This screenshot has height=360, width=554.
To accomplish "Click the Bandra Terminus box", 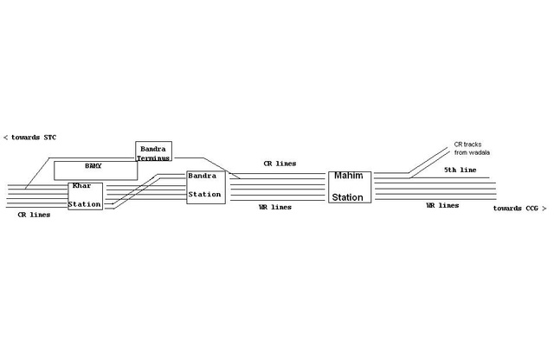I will pyautogui.click(x=154, y=151).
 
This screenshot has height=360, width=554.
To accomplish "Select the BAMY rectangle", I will pyautogui.click(x=95, y=169).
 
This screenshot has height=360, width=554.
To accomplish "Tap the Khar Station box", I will pyautogui.click(x=86, y=196).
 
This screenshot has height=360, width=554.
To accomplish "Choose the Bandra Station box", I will pyautogui.click(x=206, y=187).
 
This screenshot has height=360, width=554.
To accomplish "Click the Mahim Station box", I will pyautogui.click(x=351, y=187).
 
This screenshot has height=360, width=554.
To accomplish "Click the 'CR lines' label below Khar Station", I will pyautogui.click(x=33, y=214).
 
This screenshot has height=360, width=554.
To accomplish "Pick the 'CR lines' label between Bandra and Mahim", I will pyautogui.click(x=280, y=163).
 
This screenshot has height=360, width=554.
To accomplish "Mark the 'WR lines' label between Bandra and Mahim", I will pyautogui.click(x=275, y=208).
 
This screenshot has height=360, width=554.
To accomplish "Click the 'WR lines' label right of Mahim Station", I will pyautogui.click(x=441, y=206).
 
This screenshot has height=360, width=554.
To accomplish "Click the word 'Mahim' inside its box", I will pyautogui.click(x=350, y=177).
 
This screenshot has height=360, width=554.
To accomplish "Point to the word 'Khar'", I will pyautogui.click(x=81, y=187).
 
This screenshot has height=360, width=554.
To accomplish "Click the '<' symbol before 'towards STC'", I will pyautogui.click(x=6, y=137).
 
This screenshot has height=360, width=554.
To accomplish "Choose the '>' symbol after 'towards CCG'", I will pyautogui.click(x=544, y=209).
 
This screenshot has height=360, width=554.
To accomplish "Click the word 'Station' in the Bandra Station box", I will pyautogui.click(x=206, y=195).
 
